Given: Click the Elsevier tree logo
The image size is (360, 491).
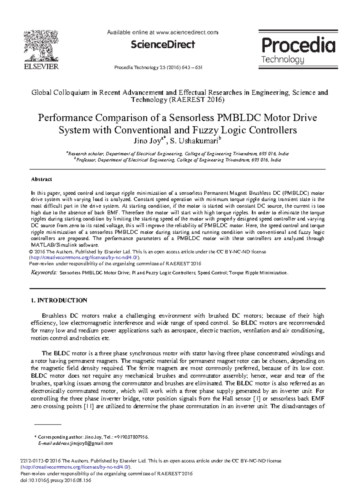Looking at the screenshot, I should point(41,46).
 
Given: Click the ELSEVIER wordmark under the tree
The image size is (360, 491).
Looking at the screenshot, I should point(41,67).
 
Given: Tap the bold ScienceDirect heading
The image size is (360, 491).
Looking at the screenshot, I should point(163,45).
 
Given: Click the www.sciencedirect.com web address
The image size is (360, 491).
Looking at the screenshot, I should point(187,32).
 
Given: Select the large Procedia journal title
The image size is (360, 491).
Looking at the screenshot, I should point(298,45).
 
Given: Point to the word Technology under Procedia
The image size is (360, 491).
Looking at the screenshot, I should point(283,59).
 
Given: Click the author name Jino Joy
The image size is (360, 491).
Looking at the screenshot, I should point(147,141).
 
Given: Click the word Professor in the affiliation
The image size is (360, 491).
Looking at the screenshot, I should point(85,160).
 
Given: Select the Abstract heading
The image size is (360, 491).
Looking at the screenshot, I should point(41,179).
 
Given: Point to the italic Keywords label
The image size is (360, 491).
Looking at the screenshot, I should point(44,273).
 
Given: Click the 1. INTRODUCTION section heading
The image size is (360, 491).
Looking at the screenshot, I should point(59,301).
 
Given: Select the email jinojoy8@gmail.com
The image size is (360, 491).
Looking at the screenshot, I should point(91,443).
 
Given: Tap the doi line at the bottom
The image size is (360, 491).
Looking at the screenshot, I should point(55,480).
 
